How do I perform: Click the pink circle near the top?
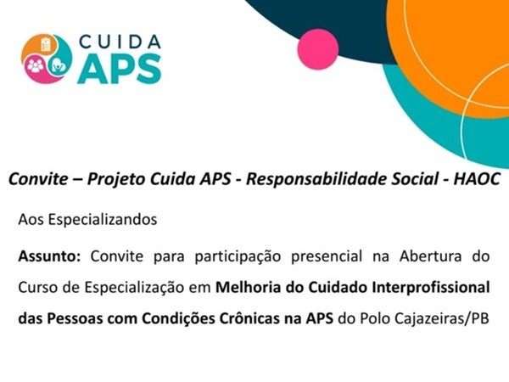(318, 49)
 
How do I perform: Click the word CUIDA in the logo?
(120, 42)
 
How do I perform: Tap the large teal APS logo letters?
(120, 69)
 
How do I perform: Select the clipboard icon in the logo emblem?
(46, 45)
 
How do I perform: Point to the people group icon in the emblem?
(36, 65)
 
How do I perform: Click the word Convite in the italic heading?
(38, 179)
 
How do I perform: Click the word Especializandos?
(103, 220)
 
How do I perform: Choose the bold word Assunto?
(49, 256)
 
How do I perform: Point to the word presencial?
(327, 257)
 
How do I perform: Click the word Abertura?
(430, 256)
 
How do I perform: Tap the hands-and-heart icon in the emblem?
(59, 66)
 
